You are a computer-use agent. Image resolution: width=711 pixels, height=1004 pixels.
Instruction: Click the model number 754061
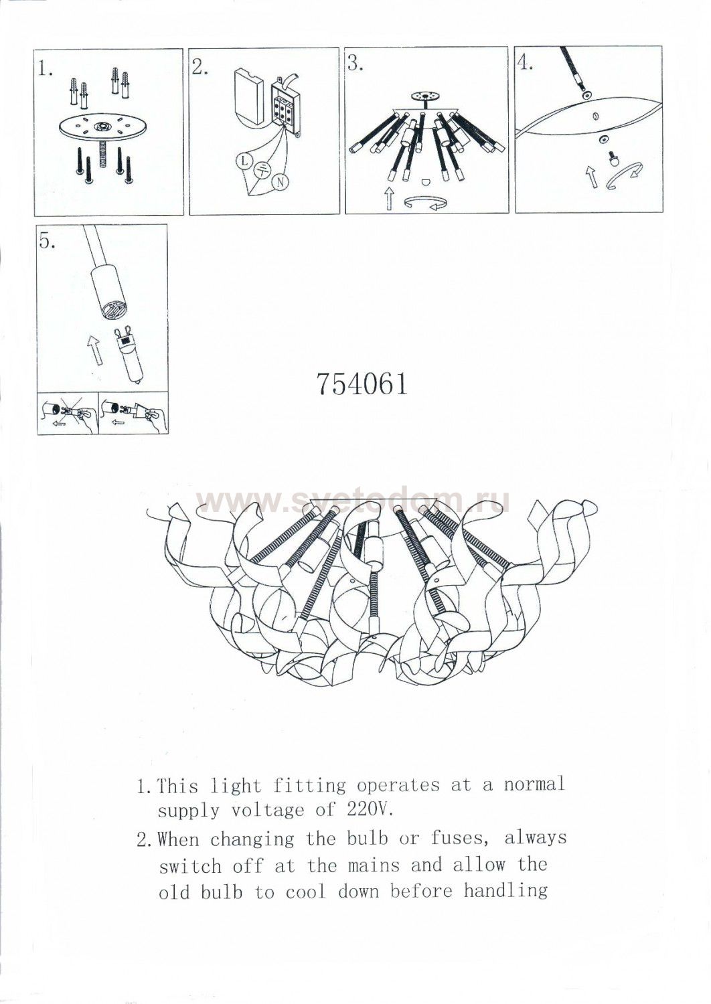362,384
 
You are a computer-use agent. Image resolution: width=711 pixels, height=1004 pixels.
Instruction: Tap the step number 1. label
46,69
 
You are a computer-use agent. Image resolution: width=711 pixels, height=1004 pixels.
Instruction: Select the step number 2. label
200,67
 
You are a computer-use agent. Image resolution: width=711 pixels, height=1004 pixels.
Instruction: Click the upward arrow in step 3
389,197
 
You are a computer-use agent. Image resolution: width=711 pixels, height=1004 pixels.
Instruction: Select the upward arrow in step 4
592,176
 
